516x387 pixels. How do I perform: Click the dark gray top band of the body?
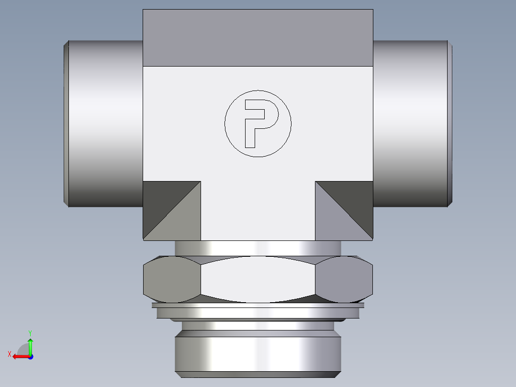point(258,38)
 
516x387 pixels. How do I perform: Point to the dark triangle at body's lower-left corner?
point(163,201)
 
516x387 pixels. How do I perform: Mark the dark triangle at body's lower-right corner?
point(353,201)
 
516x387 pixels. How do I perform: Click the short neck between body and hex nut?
point(258,248)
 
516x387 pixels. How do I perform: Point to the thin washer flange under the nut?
point(258,305)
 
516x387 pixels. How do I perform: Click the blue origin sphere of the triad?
point(30,356)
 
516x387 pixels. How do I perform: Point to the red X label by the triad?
point(9,354)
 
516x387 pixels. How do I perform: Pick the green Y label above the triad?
point(30,332)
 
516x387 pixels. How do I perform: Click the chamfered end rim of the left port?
point(67,124)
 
